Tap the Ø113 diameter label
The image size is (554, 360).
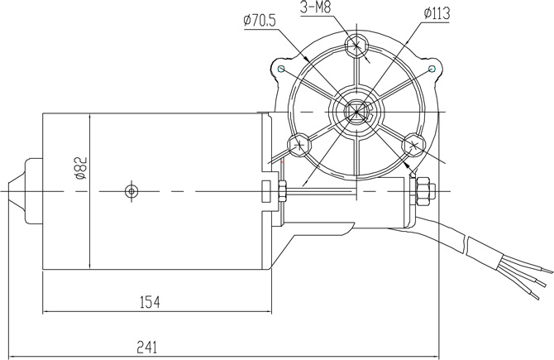pos(435,14)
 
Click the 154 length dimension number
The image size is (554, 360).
pos(149,303)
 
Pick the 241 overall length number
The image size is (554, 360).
pos(143,347)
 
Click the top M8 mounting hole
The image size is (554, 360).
pos(356,46)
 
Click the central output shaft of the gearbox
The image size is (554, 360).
pos(356,112)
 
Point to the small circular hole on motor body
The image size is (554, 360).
pos(130,191)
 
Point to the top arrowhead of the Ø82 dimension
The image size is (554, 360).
pos(89,116)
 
